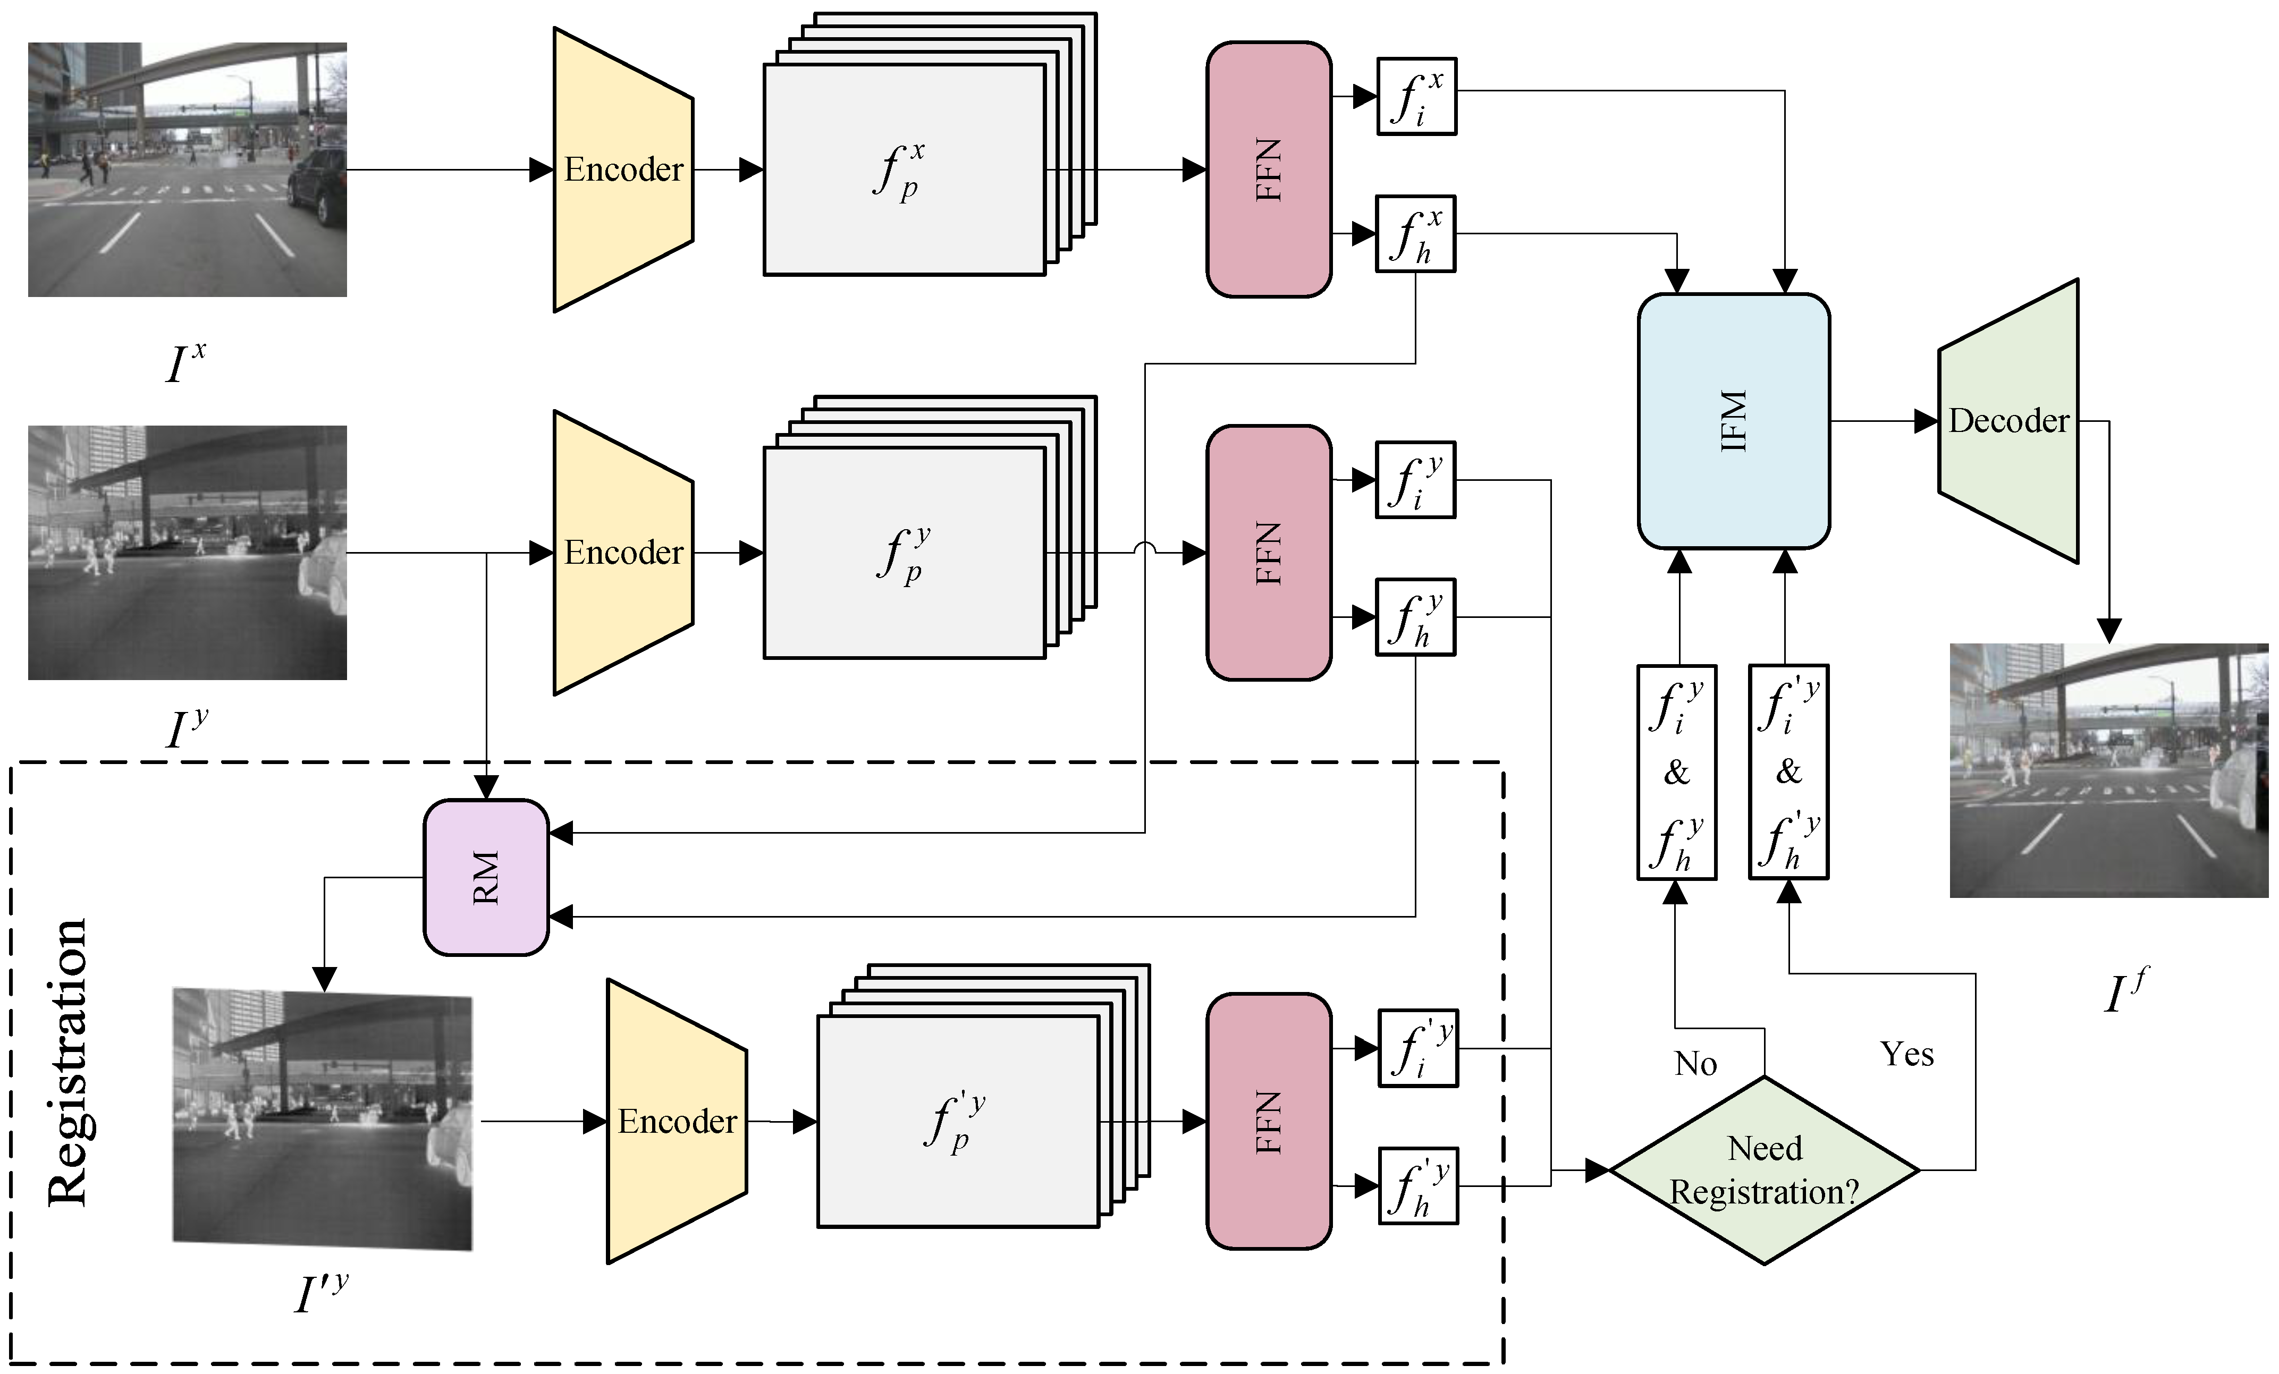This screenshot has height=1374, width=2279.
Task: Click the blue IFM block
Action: point(1733,421)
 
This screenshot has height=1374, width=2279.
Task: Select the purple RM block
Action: point(486,877)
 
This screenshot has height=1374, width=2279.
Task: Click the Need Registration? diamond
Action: point(1764,1169)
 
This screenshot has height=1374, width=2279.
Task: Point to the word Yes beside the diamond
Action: point(1906,1054)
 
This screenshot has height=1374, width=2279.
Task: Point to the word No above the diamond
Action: point(1695,1063)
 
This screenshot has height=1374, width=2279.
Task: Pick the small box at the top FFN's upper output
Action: point(1416,96)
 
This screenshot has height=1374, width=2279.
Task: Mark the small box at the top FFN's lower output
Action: point(1415,234)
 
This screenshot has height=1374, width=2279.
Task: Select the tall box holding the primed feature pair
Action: point(1788,771)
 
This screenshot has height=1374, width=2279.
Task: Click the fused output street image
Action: point(2109,770)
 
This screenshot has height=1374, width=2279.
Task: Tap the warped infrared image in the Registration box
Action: point(323,1119)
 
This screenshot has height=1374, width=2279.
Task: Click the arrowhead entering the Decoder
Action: point(1926,421)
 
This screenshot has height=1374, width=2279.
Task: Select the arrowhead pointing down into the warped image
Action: point(324,978)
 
